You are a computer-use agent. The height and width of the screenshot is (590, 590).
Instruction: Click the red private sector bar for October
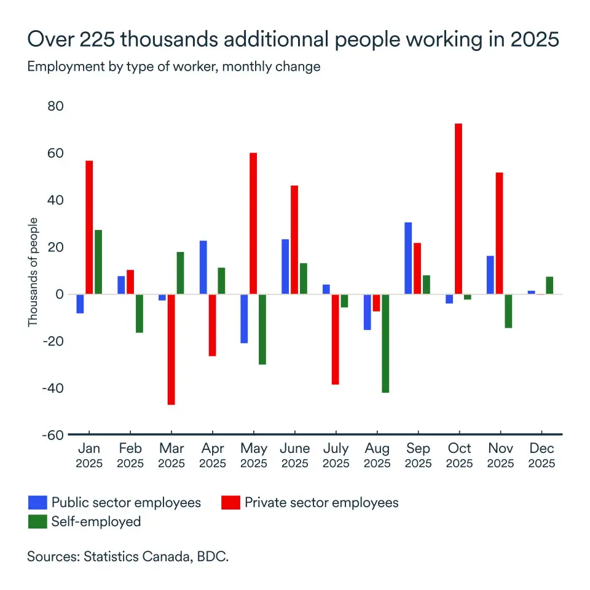458,209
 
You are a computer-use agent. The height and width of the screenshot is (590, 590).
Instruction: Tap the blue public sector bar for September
408,258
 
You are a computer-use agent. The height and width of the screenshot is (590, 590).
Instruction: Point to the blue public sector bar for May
244,318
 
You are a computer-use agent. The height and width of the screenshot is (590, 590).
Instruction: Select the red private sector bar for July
335,339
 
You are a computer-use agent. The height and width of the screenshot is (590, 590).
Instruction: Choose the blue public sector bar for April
203,267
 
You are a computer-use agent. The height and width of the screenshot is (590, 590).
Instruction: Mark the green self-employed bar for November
508,311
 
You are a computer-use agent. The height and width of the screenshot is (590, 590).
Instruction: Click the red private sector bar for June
294,240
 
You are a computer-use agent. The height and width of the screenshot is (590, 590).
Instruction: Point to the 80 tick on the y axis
56,106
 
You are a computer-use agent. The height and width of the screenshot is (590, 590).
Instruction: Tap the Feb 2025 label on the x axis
130,455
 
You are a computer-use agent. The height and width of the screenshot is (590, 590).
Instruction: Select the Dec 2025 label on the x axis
541,455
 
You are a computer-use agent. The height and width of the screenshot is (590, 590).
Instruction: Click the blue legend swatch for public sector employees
37,503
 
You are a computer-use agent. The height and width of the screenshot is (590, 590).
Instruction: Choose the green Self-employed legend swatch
37,522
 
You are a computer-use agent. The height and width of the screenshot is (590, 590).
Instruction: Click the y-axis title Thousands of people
33,272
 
